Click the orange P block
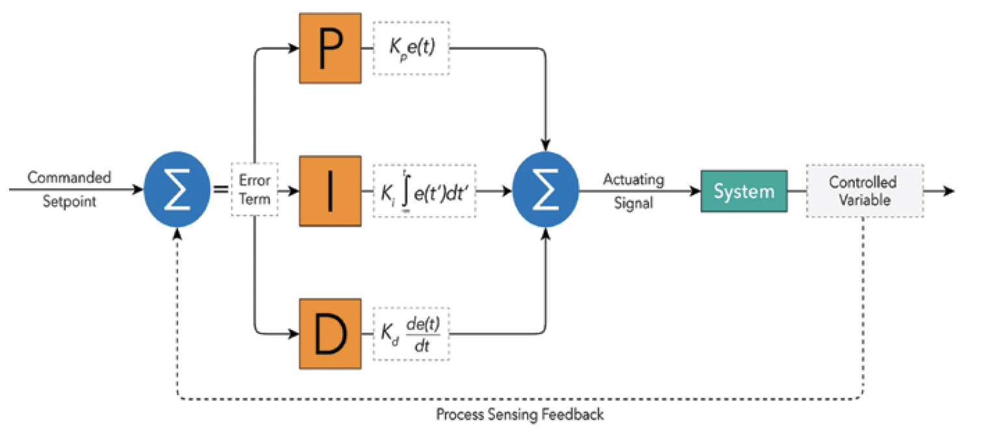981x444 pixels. (330, 48)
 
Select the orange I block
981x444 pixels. (330, 191)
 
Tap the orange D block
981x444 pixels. (330, 334)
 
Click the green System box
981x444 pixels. (744, 191)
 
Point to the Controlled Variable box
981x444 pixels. (864, 191)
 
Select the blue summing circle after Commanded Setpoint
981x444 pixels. (178, 191)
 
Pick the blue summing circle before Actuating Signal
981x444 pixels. (546, 191)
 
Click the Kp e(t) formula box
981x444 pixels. (411, 48)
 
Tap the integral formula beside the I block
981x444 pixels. (424, 191)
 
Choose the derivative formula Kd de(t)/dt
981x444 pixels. (411, 334)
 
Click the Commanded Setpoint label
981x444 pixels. (70, 189)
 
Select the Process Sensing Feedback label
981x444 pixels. (520, 414)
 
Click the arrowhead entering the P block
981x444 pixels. (293, 48)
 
